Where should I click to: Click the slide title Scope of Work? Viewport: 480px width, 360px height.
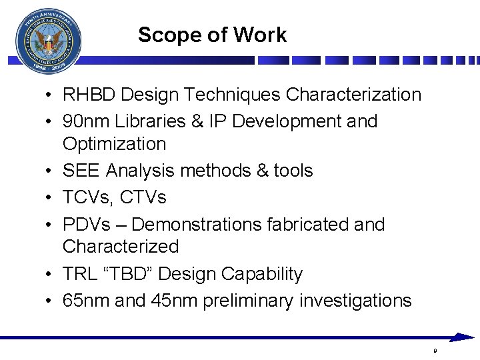(212, 35)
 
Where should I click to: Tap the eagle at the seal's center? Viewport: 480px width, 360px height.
(48, 43)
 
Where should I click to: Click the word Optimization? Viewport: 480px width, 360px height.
(114, 143)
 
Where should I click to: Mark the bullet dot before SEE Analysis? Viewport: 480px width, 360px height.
(51, 171)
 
